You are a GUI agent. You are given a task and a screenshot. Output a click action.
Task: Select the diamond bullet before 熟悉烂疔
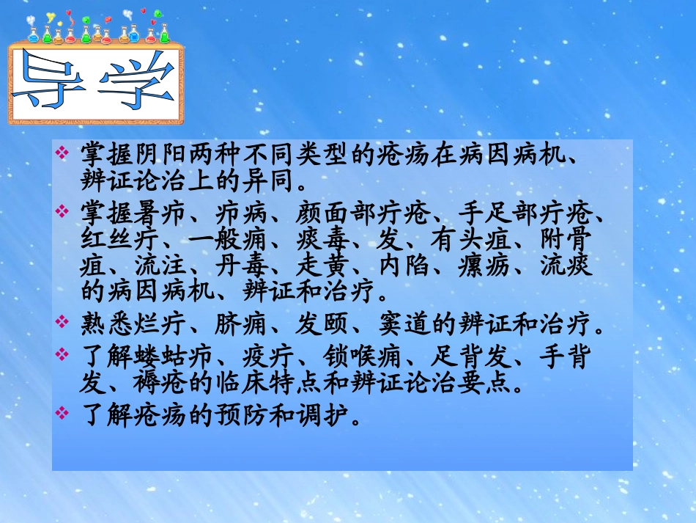tap(62, 322)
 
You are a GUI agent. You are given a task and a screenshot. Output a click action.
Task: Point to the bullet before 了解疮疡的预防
tap(62, 414)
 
